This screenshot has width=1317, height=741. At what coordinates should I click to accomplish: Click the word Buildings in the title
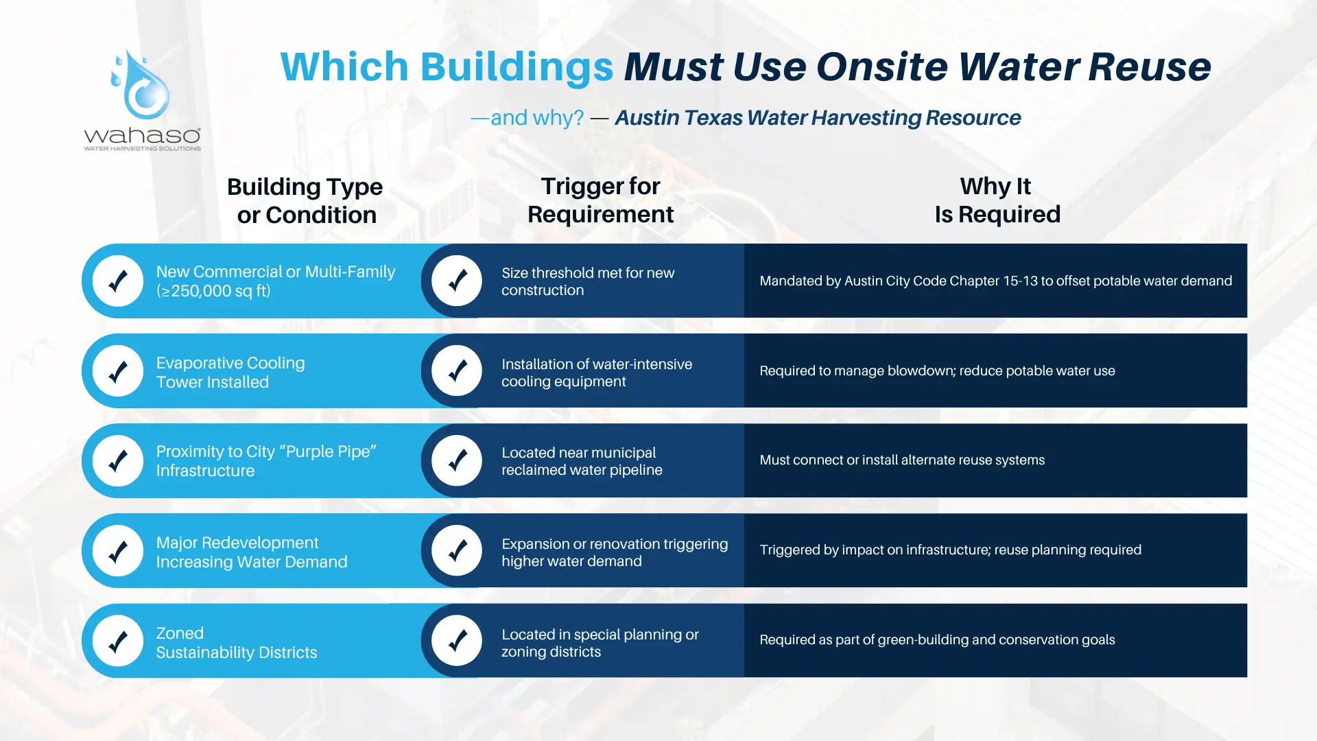[x=517, y=67]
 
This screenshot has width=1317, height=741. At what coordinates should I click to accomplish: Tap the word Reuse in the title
[x=1150, y=67]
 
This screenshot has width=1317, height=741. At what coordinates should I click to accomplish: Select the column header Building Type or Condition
[x=305, y=200]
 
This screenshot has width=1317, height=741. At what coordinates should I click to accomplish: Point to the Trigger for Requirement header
[x=600, y=200]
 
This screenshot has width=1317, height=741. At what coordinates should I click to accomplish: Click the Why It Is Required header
[x=997, y=200]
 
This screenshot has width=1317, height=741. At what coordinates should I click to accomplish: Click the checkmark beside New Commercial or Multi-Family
[x=118, y=281]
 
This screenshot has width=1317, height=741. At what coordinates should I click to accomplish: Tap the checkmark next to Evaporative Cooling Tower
[x=118, y=371]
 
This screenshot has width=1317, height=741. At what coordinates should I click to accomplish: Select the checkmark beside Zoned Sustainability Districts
[x=118, y=642]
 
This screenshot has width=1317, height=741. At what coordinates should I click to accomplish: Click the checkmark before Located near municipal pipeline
[x=457, y=461]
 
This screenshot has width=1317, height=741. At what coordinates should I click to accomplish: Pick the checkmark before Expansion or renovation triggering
[x=457, y=551]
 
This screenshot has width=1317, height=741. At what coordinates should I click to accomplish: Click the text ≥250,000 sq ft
[x=213, y=291]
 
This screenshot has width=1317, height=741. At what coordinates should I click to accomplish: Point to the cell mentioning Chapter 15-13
[x=995, y=281]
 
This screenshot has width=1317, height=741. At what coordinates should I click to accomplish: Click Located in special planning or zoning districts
[x=600, y=643]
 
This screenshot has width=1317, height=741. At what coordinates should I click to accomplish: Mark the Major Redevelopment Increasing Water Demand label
[x=252, y=552]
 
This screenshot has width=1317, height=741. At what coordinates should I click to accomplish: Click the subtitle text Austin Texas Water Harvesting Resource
[x=818, y=118]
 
